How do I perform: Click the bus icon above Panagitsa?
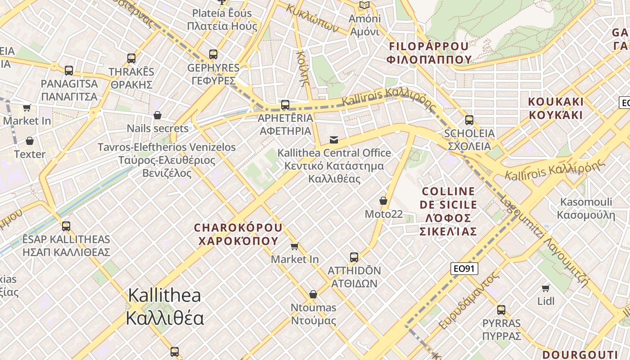click(68, 71)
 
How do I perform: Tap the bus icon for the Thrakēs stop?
click(131, 58)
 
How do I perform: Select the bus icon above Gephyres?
click(213, 54)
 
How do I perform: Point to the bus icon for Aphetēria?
click(285, 105)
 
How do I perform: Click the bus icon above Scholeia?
click(469, 120)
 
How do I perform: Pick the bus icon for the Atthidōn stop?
click(354, 257)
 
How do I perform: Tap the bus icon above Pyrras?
click(501, 310)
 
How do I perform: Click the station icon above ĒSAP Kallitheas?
click(66, 226)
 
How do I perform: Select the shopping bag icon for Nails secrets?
click(157, 116)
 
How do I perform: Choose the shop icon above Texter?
click(30, 141)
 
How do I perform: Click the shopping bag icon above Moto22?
click(383, 201)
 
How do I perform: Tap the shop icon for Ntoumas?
click(313, 294)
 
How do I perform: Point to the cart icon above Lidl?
click(546, 288)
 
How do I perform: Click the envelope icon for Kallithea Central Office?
click(334, 139)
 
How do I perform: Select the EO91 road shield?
click(464, 269)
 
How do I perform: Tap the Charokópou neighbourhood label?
click(238, 234)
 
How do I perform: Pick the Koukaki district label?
click(556, 108)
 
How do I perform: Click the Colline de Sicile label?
click(448, 211)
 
